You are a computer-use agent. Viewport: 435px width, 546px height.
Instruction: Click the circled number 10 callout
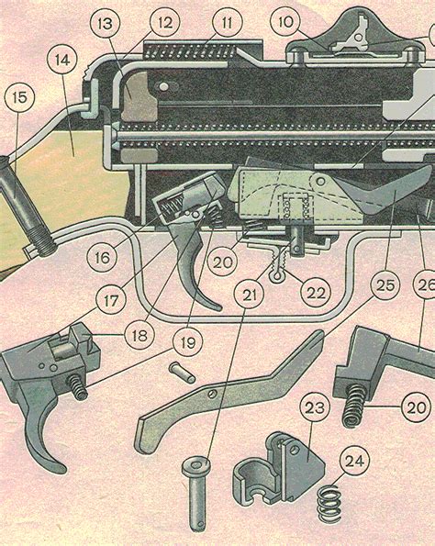click(285, 22)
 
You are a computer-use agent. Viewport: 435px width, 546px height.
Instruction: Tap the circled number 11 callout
click(228, 22)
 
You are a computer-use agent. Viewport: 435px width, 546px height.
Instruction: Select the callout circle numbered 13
click(105, 23)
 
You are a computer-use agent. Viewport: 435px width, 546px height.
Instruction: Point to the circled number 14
click(62, 60)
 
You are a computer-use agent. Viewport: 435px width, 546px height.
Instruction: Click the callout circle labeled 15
click(19, 97)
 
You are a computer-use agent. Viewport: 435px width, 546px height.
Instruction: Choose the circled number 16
click(102, 258)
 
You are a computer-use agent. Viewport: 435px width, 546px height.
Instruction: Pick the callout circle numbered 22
click(316, 293)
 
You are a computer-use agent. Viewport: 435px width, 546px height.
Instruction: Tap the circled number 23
click(315, 407)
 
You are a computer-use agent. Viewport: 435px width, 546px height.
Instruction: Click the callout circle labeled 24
click(354, 461)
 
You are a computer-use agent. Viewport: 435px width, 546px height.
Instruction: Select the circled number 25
click(385, 285)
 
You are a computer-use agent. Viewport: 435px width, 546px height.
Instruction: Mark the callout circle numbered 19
click(188, 342)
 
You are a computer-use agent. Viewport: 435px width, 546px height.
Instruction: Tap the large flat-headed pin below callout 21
click(197, 494)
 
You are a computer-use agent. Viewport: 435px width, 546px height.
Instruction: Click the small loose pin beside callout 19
click(182, 373)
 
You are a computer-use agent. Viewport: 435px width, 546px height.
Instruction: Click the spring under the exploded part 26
click(354, 406)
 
